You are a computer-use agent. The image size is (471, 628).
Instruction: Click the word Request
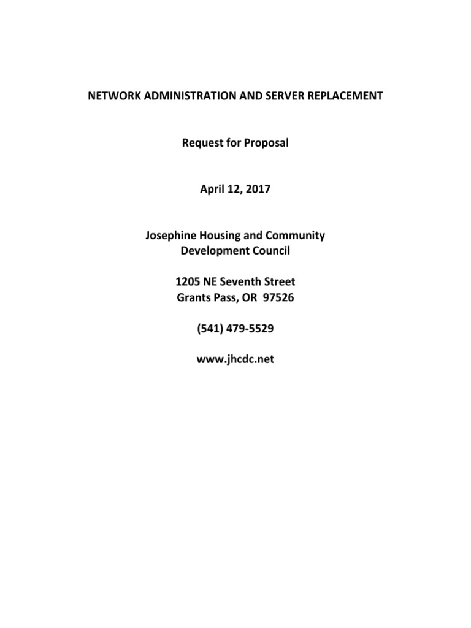(x=202, y=143)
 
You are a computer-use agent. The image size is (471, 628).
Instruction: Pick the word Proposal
(x=267, y=143)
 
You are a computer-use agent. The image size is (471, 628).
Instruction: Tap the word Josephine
(x=172, y=236)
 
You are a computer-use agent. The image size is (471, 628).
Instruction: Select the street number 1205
(x=188, y=282)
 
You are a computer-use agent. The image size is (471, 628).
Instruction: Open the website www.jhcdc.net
(x=235, y=360)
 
